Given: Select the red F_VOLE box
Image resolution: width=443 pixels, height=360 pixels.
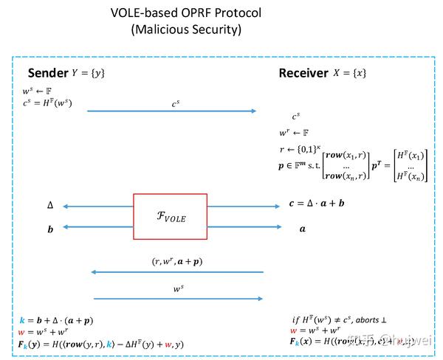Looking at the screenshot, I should coord(171,217).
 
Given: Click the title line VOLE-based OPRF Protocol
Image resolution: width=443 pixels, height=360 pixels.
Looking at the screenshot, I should coord(175,13).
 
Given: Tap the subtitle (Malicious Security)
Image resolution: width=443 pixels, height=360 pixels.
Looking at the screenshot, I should coord(175,30).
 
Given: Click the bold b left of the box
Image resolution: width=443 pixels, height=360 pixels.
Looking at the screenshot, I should coord(50,229).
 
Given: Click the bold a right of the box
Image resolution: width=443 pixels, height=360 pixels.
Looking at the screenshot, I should coord(302,229).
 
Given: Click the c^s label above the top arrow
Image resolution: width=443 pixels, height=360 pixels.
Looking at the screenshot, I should coord(175,104).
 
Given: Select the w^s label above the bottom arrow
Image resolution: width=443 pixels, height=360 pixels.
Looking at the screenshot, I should coord(178,288).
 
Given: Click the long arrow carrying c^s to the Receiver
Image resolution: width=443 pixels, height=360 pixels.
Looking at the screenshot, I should coord(171,111).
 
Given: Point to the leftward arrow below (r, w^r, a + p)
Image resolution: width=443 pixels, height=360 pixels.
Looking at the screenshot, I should coord(177,272).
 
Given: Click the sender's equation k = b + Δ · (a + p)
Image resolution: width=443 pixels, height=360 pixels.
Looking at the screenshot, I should coord(57,321).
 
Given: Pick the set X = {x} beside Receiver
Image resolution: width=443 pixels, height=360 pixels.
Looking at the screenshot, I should coord(351,73).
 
